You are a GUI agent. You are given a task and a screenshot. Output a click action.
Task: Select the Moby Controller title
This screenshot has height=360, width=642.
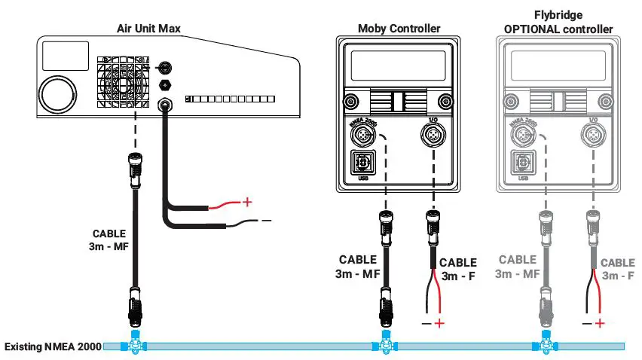pyautogui.click(x=399, y=29)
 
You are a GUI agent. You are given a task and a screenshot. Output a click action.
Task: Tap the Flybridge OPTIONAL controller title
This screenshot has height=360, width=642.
pyautogui.click(x=559, y=23)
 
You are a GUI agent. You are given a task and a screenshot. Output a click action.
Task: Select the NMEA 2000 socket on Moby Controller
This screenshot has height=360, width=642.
pyautogui.click(x=364, y=136)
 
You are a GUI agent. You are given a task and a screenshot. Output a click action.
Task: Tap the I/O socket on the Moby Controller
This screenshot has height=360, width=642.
pyautogui.click(x=433, y=136)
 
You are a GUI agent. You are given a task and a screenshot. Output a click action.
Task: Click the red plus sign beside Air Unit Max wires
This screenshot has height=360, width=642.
pyautogui.click(x=244, y=202)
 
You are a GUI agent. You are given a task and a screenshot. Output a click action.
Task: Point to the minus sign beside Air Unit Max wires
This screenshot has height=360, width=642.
pyautogui.click(x=265, y=220)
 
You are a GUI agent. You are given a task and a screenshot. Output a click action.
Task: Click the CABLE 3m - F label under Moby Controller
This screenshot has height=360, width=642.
pyautogui.click(x=457, y=269)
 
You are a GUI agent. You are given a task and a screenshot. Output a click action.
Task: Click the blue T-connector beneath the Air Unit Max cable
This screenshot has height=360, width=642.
pyautogui.click(x=136, y=345)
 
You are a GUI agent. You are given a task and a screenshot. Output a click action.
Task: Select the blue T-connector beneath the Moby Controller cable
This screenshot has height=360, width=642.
pyautogui.click(x=385, y=345)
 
